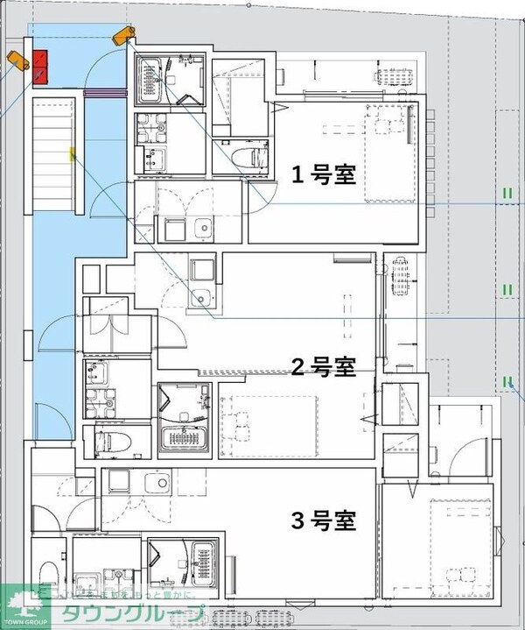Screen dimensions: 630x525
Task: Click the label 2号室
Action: point(323,367)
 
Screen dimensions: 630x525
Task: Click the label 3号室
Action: point(323,521)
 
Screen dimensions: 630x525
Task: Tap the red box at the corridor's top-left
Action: point(40,67)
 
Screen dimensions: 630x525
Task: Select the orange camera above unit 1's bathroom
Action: point(124,34)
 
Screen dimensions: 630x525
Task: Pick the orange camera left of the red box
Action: point(16,60)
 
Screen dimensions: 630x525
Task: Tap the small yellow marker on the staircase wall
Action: point(73,155)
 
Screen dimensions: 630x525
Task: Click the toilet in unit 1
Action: point(255,158)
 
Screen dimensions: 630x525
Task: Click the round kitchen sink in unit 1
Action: point(203,229)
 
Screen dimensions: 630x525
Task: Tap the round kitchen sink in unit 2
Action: point(204,297)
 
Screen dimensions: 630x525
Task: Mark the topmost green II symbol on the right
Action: point(507,193)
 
